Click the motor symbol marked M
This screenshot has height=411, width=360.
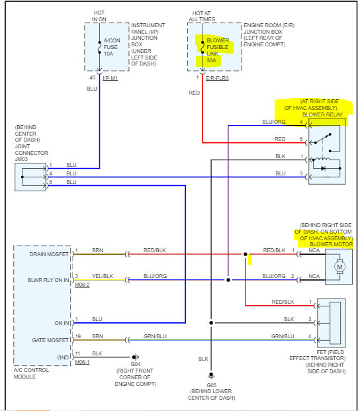[339, 267]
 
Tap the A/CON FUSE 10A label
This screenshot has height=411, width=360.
[112, 47]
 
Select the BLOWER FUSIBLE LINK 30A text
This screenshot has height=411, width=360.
[218, 50]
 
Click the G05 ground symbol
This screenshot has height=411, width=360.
[211, 375]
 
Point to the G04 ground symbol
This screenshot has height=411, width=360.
[136, 357]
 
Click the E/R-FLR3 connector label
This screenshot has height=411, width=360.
[217, 78]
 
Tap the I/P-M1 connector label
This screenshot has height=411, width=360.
[111, 78]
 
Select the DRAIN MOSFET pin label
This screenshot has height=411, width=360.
[49, 254]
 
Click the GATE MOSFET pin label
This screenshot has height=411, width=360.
[50, 340]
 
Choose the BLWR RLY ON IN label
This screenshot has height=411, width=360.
[48, 280]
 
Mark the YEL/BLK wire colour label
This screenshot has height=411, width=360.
[103, 276]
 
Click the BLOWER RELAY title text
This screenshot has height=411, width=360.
[322, 114]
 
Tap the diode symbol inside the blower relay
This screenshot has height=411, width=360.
[324, 168]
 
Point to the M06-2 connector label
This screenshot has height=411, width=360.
[82, 285]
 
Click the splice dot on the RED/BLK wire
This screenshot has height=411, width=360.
[246, 254]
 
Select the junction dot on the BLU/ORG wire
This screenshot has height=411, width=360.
[228, 280]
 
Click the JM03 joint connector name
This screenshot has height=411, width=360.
[21, 159]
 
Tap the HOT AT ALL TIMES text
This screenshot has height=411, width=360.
[202, 17]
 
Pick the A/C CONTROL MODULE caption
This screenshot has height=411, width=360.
[31, 373]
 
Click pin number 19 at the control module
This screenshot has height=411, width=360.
[78, 336]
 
